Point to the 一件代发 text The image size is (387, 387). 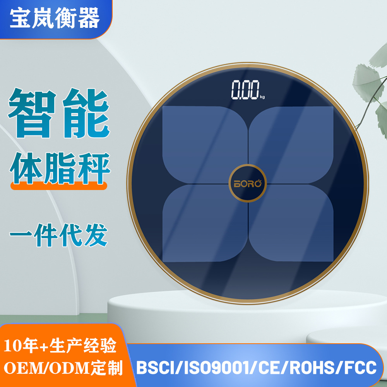tap(58, 234)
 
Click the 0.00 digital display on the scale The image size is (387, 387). tap(245, 91)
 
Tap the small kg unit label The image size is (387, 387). tap(263, 97)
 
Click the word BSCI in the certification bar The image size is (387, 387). tap(154, 368)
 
